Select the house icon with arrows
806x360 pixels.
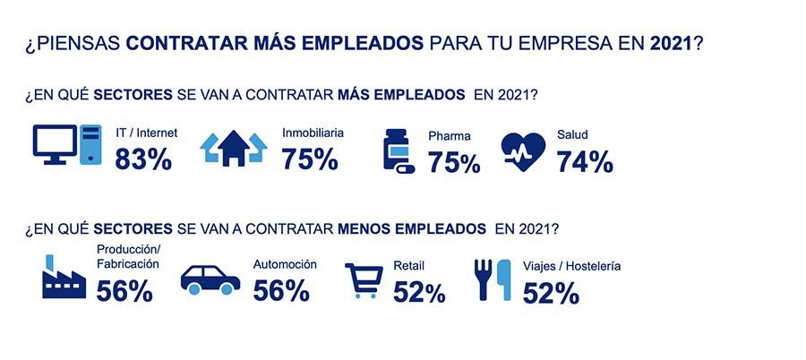point(233,149)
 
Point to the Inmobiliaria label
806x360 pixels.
point(313,133)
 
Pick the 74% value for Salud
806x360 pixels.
point(585,161)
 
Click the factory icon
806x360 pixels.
point(64,279)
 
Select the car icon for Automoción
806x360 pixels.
point(210,279)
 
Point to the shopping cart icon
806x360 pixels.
point(364,281)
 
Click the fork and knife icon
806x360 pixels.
point(493,280)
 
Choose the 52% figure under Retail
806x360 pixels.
point(418,292)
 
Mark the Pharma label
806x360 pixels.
point(449,137)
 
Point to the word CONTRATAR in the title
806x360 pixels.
point(181,44)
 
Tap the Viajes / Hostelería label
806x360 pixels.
point(571,266)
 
